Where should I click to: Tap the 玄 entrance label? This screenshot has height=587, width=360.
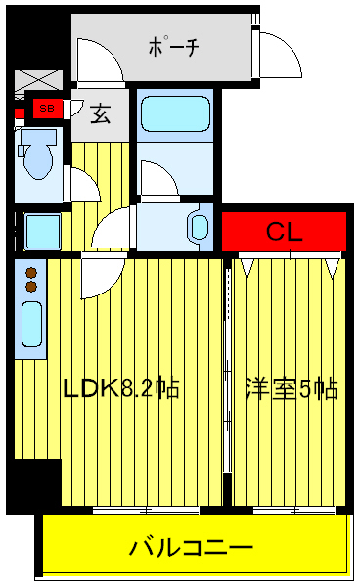[101, 113]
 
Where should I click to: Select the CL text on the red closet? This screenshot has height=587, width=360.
[285, 232]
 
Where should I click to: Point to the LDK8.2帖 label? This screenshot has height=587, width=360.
[120, 388]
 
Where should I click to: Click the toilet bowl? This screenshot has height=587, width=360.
[39, 158]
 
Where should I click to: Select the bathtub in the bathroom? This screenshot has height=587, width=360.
[174, 114]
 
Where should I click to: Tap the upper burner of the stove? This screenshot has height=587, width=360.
[30, 273]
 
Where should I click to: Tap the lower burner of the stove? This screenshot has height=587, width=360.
[30, 288]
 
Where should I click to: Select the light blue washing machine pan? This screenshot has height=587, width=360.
[42, 232]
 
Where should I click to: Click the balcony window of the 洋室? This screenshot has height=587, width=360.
[289, 510]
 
